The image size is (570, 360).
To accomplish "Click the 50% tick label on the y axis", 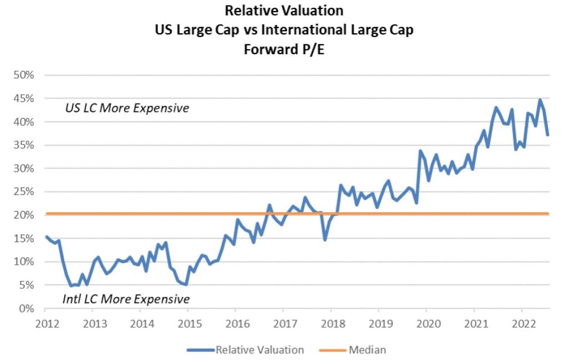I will pos(24,75).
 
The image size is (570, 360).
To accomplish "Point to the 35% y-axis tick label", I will pos(24,145).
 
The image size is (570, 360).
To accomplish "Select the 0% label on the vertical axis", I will pos(26,308).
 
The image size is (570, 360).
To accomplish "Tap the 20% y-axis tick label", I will pos(24,215).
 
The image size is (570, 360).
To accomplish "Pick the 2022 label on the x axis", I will pos(521,323).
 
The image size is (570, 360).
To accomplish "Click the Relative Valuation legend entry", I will pos(260,349).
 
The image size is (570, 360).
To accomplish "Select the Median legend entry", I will pos(367,349).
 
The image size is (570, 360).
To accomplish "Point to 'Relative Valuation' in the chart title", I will pos(284,11).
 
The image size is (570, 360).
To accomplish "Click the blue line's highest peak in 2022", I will pos(540,100).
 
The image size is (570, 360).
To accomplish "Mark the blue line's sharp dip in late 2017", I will pos(325,239).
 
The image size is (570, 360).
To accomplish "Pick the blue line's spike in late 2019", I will pos(420,151).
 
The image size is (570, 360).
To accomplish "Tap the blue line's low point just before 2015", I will pos(186,285).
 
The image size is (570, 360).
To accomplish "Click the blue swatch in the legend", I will pos(200,349).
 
